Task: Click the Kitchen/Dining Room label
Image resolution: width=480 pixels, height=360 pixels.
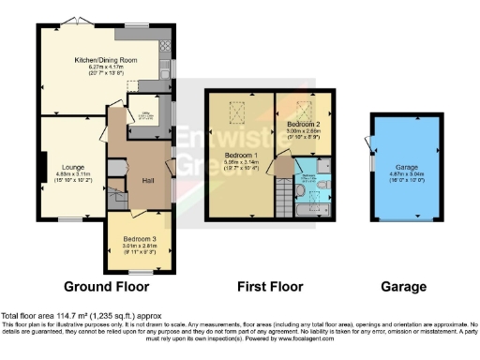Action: pos(106,60)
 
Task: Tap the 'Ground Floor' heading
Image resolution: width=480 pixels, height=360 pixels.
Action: pos(104,286)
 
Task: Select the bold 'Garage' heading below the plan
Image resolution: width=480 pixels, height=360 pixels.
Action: pos(403,286)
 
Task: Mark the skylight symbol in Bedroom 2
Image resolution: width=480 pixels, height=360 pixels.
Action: pos(305,106)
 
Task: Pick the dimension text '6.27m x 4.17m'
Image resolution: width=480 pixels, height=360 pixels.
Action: pos(106,67)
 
